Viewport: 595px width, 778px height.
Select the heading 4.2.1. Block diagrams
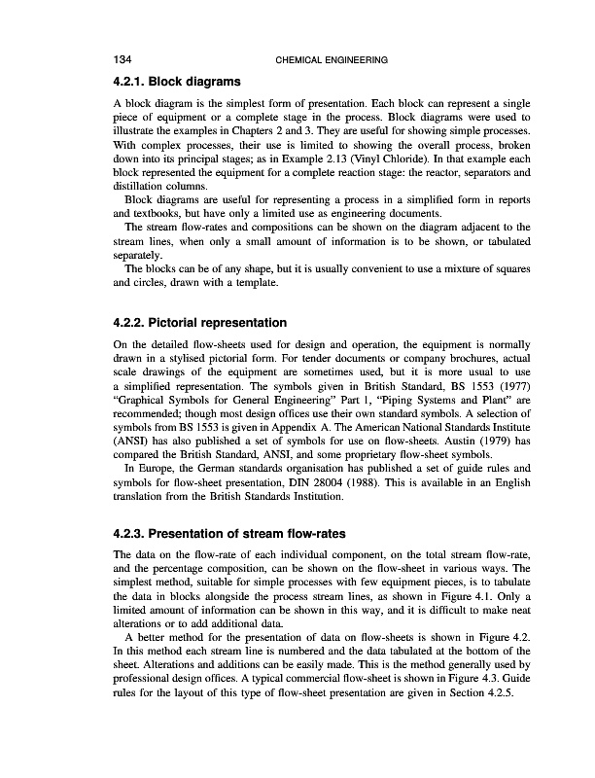tap(177, 80)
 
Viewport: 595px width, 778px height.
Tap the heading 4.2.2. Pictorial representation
tap(200, 321)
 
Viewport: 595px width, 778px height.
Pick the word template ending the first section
tap(256, 283)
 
